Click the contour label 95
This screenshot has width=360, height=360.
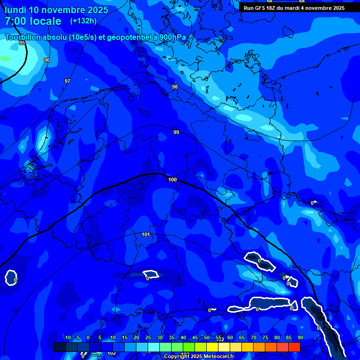click(x=22, y=43)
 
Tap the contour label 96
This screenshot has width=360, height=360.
click(x=46, y=60)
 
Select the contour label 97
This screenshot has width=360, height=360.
click(x=67, y=81)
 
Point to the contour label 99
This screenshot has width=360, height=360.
click(x=176, y=132)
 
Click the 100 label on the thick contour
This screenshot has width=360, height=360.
click(x=172, y=180)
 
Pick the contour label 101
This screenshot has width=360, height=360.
click(x=145, y=234)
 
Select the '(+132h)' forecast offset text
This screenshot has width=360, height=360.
click(x=83, y=21)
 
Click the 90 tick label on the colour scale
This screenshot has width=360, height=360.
click(x=300, y=337)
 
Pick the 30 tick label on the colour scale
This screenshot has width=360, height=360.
click(x=159, y=337)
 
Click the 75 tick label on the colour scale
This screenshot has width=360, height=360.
click(x=265, y=337)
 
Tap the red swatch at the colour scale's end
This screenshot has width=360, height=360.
click(x=294, y=347)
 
